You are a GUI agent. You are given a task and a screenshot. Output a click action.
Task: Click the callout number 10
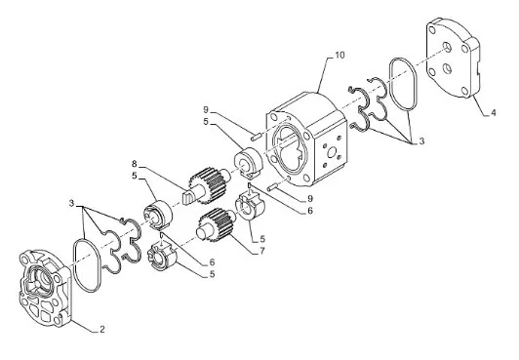[339, 55]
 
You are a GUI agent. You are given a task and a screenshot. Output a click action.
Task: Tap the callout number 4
[494, 113]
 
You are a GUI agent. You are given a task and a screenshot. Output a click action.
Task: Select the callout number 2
[102, 329]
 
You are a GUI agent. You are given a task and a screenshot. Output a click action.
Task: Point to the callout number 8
[134, 164]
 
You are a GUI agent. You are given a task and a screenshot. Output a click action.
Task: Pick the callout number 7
[262, 251]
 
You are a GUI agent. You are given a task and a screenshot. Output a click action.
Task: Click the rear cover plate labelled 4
[453, 58]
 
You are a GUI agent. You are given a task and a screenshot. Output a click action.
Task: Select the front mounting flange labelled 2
[45, 289]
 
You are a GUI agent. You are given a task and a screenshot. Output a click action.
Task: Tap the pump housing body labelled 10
[306, 139]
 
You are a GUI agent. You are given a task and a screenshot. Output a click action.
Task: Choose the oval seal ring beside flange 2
[74, 264]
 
